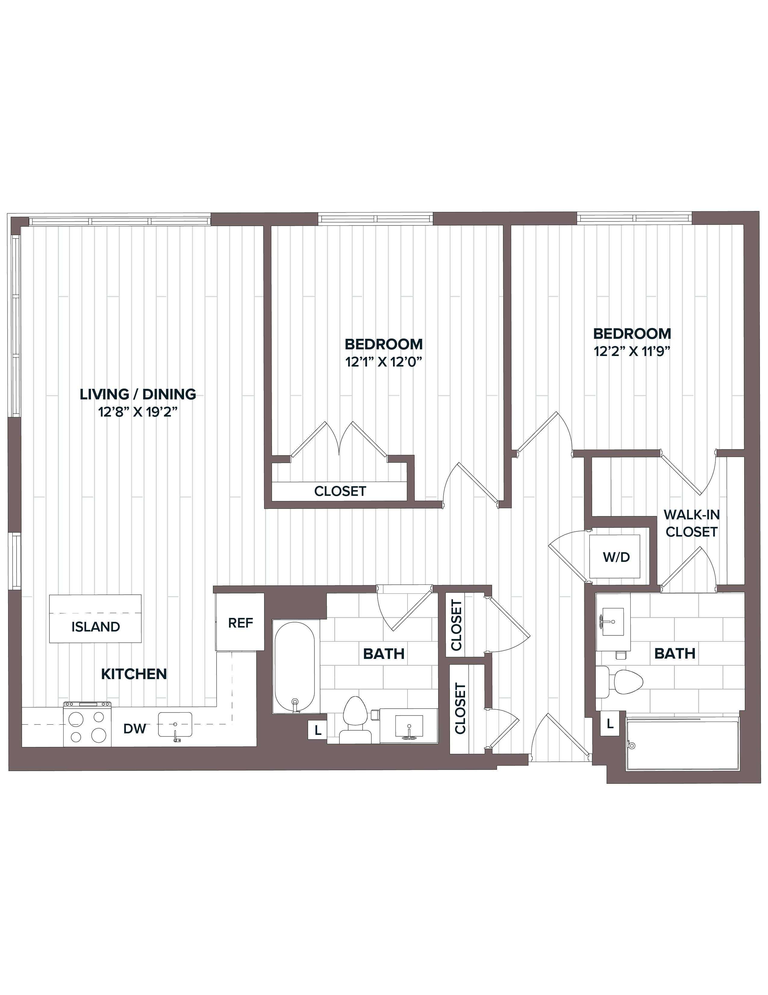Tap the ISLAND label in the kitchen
[x=95, y=627]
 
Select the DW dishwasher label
[x=135, y=729]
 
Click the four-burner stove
[x=87, y=724]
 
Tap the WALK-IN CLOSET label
[x=692, y=524]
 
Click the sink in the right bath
[x=613, y=622]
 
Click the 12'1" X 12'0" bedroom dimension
[x=384, y=362]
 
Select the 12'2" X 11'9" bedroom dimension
[x=632, y=352]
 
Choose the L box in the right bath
[x=610, y=723]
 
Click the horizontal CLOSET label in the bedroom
[x=340, y=491]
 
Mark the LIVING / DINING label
[x=138, y=394]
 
